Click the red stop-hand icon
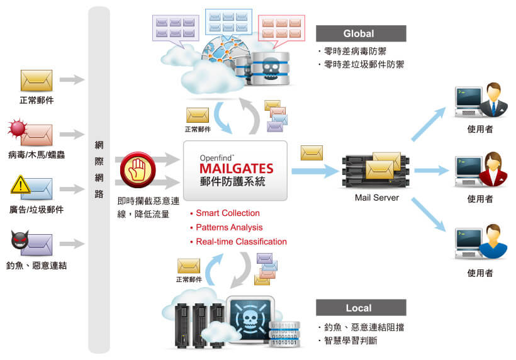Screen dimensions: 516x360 tap(138, 169)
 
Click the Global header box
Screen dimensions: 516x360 tap(361, 33)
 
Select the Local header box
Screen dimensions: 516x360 tap(361, 308)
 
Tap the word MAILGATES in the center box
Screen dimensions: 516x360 tap(236, 169)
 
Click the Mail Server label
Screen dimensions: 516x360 tap(377, 198)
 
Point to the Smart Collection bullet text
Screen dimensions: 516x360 tap(228, 213)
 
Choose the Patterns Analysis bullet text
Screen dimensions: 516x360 tap(229, 227)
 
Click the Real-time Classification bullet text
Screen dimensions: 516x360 tap(241, 242)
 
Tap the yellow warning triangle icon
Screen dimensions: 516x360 tap(20, 184)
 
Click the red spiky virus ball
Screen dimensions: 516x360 tap(18, 128)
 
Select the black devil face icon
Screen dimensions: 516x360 tap(20, 240)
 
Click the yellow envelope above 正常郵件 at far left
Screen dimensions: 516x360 tap(36, 81)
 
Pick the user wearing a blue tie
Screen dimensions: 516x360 tap(493, 99)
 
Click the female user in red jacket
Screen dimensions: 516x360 tap(493, 169)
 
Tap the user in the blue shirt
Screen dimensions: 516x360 tap(493, 241)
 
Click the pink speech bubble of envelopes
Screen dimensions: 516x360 tap(281, 30)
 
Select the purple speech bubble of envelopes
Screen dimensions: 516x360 tap(176, 30)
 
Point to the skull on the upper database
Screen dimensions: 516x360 tap(271, 69)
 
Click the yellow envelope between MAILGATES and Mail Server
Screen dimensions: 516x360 tap(311, 153)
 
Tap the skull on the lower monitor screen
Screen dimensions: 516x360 tap(250, 319)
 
